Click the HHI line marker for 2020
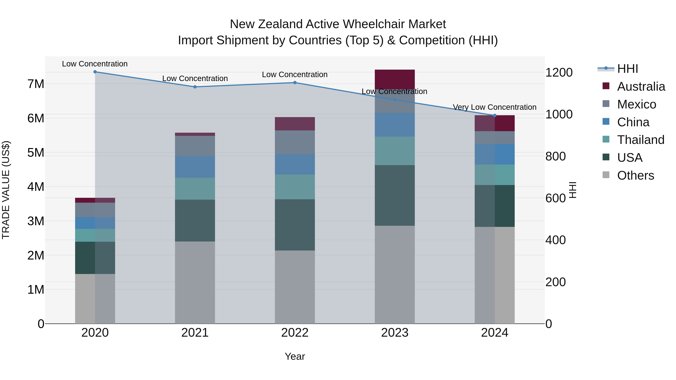(95, 72)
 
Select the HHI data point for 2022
(295, 83)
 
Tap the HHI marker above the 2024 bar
(495, 115)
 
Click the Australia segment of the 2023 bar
(395, 79)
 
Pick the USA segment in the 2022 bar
(295, 225)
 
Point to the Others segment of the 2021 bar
(195, 282)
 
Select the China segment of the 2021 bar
(195, 167)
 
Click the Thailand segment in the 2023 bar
(395, 151)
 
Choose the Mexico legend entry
(636, 104)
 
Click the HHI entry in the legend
(627, 69)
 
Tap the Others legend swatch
(606, 175)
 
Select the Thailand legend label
(641, 140)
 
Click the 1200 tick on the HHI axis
(559, 73)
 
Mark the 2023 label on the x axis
(395, 333)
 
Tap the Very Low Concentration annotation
(494, 107)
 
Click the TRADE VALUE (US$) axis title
(6, 190)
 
